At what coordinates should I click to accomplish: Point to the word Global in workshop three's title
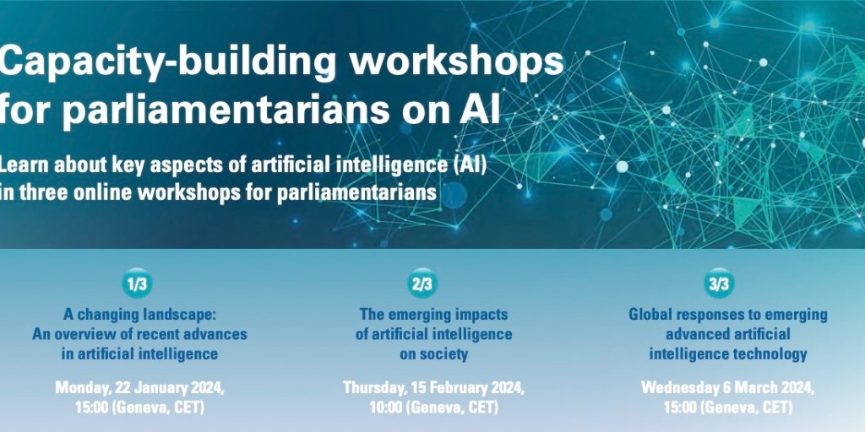(650, 315)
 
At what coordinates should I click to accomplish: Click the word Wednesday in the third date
(679, 388)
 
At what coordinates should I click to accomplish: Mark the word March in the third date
(753, 388)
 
